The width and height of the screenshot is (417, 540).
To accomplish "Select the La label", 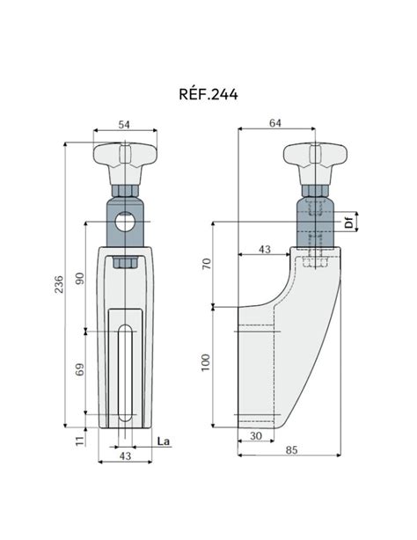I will click(162, 441).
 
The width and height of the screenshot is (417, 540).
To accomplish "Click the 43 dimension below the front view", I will click(124, 457).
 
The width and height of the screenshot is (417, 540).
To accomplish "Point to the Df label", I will click(349, 223).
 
